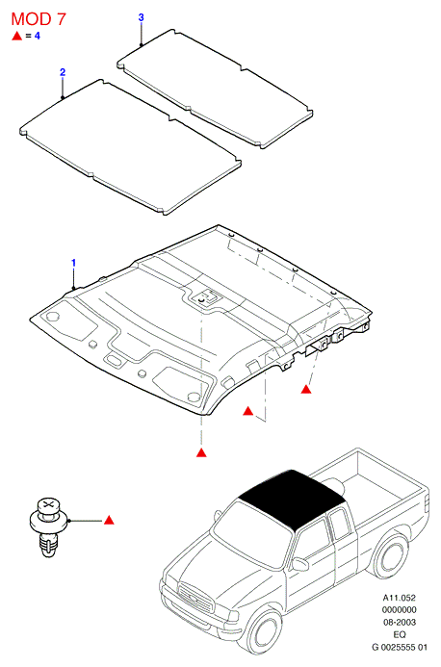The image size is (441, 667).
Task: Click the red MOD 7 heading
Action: tap(39, 19)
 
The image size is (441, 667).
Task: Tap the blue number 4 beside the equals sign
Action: tap(38, 36)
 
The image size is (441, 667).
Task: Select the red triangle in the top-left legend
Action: tap(16, 36)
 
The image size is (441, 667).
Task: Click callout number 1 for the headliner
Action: tap(73, 263)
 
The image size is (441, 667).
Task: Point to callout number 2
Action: tap(63, 72)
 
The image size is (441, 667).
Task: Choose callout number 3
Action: tap(141, 17)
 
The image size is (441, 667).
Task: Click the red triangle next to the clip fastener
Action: tap(109, 520)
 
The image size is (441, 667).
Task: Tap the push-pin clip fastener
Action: tap(48, 527)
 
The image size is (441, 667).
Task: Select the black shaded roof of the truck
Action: tap(292, 498)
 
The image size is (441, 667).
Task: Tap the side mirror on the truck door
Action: tap(300, 564)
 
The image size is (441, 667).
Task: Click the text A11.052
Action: tap(399, 598)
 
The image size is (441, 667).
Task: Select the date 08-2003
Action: tap(400, 623)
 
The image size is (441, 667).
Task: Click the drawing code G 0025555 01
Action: tap(400, 648)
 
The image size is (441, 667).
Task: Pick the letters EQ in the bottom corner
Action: tap(400, 634)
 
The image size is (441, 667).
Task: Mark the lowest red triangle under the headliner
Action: tap(201, 452)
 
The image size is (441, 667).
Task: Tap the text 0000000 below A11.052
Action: tap(399, 610)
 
